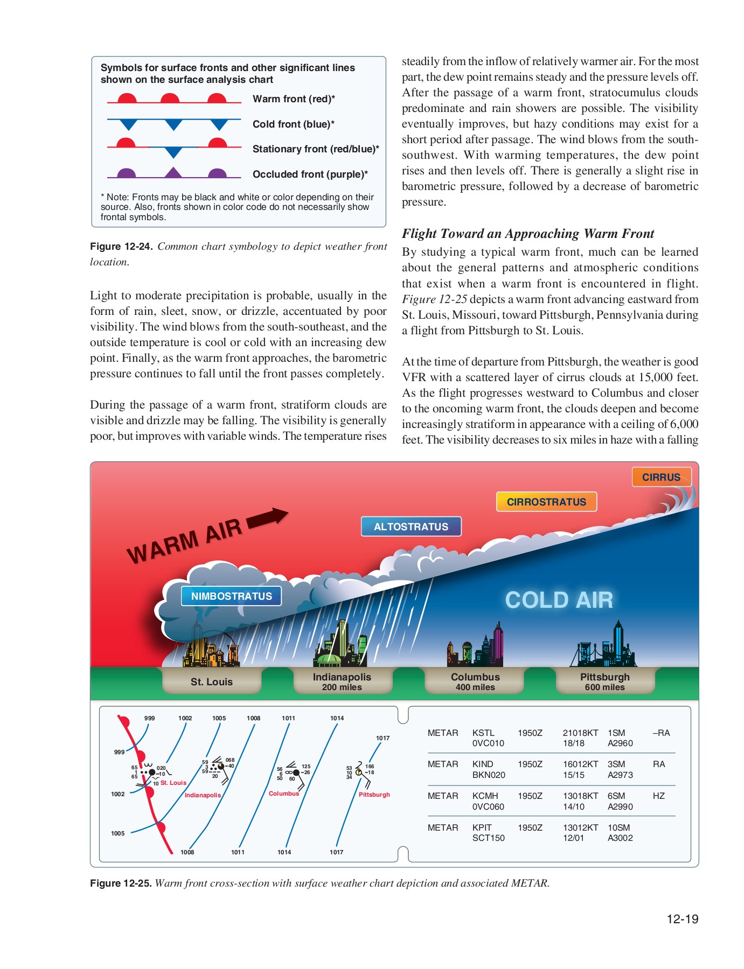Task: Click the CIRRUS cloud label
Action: click(x=661, y=477)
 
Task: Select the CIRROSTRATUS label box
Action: click(x=546, y=502)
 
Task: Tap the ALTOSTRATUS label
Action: click(x=411, y=526)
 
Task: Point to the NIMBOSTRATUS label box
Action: click(x=232, y=596)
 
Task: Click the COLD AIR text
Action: click(x=559, y=600)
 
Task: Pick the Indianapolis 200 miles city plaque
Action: click(x=342, y=682)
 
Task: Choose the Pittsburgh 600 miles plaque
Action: click(x=604, y=682)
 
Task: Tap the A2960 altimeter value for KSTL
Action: click(x=620, y=743)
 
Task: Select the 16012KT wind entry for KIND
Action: click(x=580, y=764)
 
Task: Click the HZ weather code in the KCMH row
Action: click(x=658, y=796)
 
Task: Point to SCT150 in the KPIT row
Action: click(x=488, y=838)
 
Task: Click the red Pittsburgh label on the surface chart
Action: click(x=374, y=795)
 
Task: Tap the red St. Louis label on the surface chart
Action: click(x=173, y=783)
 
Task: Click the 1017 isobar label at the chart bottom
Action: click(x=336, y=852)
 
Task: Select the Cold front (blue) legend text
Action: click(x=294, y=124)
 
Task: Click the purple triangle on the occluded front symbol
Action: click(x=172, y=173)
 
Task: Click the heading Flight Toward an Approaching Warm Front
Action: click(x=527, y=234)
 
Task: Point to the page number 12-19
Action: click(x=682, y=919)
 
